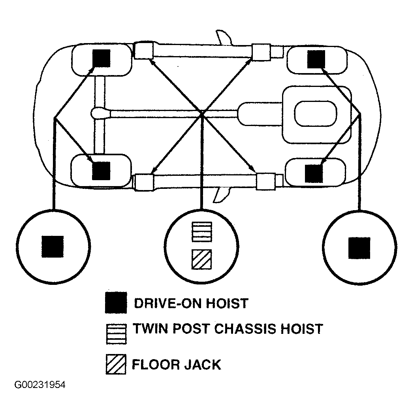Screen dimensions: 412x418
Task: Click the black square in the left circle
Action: [53, 247]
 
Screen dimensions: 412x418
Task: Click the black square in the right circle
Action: [359, 248]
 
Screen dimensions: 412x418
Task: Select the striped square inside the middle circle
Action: [202, 232]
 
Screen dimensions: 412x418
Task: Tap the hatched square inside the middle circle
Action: [201, 259]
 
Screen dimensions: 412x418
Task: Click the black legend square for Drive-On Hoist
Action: [116, 303]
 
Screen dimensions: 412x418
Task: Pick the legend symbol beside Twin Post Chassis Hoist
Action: [116, 334]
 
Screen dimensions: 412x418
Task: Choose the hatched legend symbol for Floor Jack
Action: [116, 364]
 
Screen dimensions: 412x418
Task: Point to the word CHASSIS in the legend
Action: [245, 329]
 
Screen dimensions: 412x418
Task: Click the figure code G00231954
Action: [40, 385]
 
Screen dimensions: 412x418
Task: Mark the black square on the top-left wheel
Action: [101, 58]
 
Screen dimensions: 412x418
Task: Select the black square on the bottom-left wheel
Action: [101, 171]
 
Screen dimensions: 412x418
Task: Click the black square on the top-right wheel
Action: [316, 59]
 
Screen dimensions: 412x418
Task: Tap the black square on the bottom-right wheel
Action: [314, 173]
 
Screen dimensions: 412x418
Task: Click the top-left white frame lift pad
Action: [143, 51]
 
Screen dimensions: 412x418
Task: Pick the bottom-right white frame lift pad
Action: [266, 181]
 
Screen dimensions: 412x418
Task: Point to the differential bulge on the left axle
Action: [100, 113]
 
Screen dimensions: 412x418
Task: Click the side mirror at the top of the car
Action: [223, 37]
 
